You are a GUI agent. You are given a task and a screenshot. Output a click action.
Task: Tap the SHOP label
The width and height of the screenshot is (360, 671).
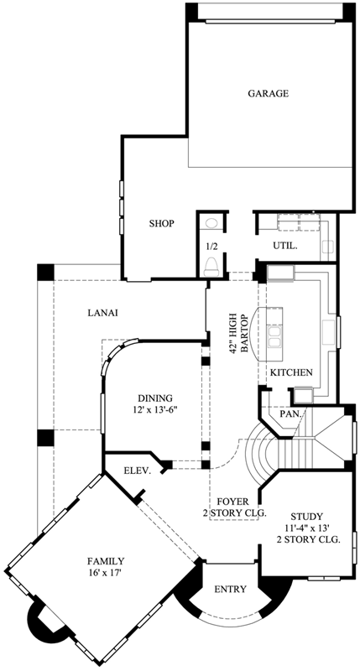coord(161,224)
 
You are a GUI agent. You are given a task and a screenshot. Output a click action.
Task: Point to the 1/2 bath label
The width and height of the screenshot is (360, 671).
coord(212,247)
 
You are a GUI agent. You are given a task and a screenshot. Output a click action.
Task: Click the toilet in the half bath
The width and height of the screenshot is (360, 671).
coord(212,266)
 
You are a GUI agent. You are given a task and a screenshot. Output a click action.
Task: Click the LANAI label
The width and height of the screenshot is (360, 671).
coord(102,313)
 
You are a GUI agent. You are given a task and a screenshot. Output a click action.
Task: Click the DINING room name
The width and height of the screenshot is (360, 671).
coord(155,398)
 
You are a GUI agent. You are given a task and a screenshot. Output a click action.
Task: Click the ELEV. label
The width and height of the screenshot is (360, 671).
coord(137,471)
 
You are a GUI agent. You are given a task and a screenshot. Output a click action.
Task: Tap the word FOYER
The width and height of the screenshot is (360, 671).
coord(230,501)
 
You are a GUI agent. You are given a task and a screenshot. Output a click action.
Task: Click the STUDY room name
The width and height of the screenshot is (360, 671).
coord(307,516)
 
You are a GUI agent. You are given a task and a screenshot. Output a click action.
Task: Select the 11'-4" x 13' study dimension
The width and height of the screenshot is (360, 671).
coord(307,528)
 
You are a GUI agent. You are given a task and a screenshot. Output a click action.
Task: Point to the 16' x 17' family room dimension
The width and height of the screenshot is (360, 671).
coord(107,573)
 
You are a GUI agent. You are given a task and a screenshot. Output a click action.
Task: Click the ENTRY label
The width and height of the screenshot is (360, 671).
coord(230,590)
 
